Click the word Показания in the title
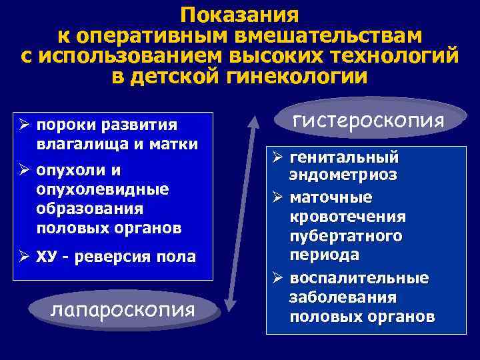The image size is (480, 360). pos(240,15)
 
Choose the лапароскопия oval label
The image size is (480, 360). pos(123,309)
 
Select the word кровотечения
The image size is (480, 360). pos(347,218)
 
